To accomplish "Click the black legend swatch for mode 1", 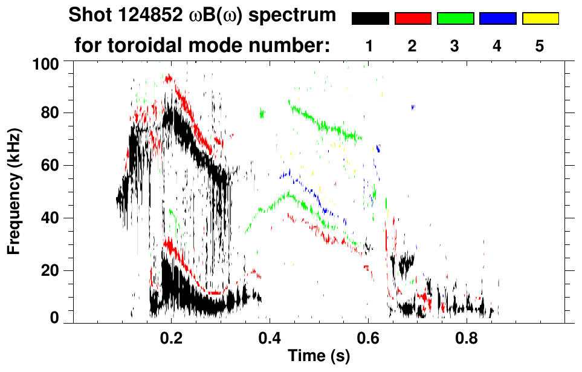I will pos(370,19).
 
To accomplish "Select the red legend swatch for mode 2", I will pos(413,19).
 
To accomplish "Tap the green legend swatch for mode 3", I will pos(455,19).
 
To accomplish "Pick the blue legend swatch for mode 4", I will pos(497,19).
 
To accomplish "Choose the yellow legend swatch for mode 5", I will pos(540,19).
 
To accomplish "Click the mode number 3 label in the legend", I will pos(454,46).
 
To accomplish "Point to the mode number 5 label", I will pos(539,46).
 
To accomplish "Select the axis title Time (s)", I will pos(318,356).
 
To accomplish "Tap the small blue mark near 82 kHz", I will pos(413,107).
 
